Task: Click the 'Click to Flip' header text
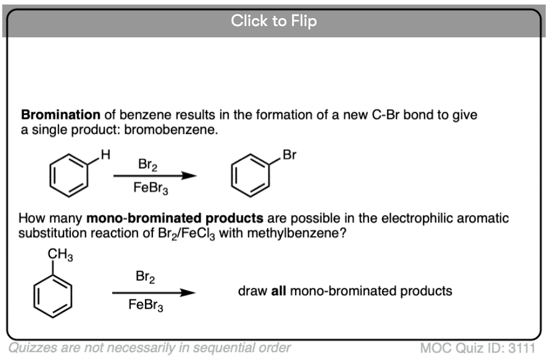273,21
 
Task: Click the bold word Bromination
61,115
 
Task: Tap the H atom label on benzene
105,154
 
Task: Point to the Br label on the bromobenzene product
289,155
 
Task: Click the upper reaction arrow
155,175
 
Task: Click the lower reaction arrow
154,293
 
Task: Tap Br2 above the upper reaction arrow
148,164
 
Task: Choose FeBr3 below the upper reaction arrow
151,188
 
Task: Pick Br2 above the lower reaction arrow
145,277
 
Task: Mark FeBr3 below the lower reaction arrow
145,305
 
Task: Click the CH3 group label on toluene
60,255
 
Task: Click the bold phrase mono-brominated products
175,218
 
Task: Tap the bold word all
279,291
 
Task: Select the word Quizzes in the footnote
32,348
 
